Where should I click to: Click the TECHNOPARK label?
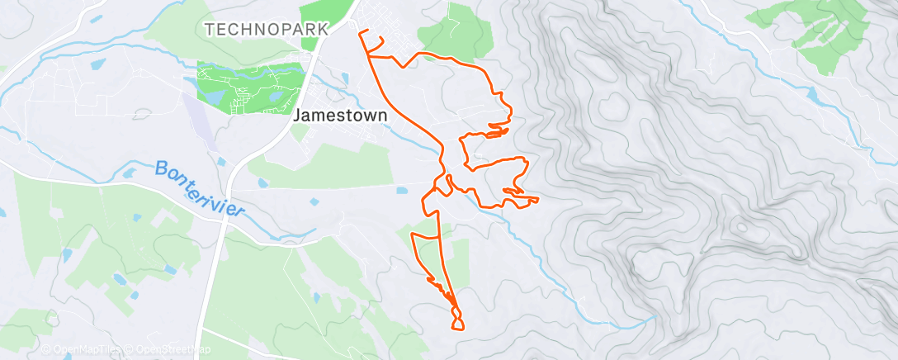point(267,29)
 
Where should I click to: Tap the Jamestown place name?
point(340,116)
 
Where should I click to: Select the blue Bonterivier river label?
point(201,189)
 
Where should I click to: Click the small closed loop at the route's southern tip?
point(456,319)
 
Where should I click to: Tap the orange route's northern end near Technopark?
point(360,32)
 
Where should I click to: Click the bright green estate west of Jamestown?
point(248,87)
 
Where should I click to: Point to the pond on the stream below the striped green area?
point(813,95)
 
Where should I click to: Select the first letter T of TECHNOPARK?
point(209,29)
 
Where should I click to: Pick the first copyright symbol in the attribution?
point(45,350)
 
